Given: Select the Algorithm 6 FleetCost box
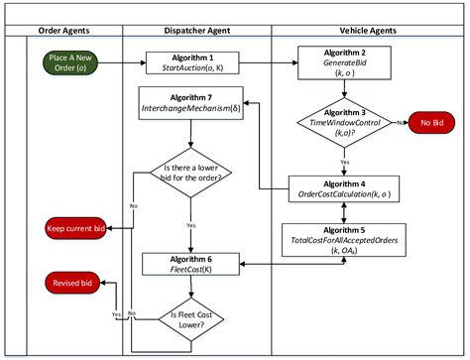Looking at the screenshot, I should [189, 263].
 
